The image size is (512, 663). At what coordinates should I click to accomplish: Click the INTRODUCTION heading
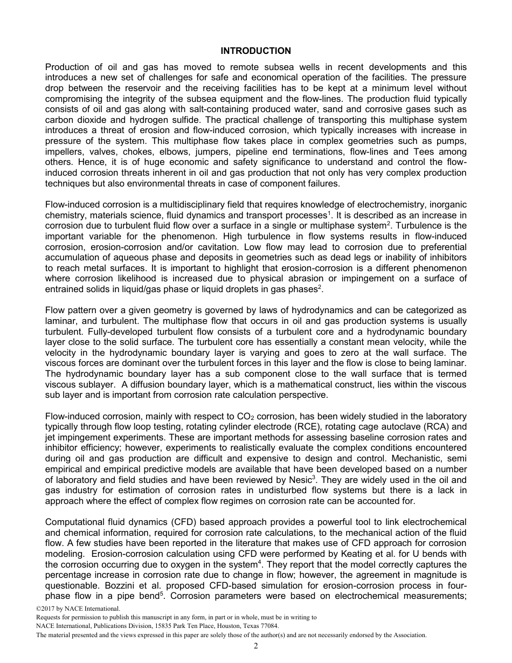click(x=255, y=51)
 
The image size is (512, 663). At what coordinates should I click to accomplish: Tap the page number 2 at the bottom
click(x=256, y=646)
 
